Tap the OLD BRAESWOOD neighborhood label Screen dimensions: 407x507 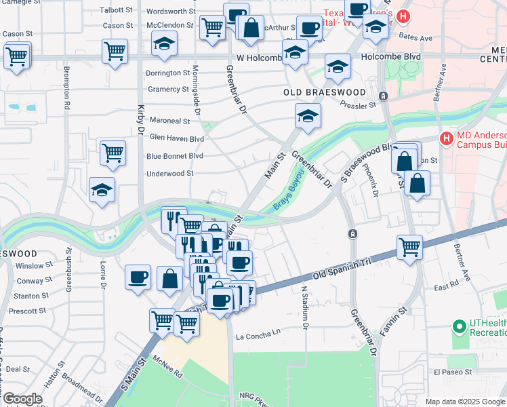(324, 92)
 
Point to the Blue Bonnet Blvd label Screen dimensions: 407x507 (175, 156)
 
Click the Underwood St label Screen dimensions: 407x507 (170, 174)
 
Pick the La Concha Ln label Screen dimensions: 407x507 (258, 334)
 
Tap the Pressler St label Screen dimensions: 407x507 (358, 106)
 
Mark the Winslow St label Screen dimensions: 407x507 (29, 266)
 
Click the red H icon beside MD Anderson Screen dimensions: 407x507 (446, 139)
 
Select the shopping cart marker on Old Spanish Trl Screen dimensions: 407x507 (409, 248)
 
